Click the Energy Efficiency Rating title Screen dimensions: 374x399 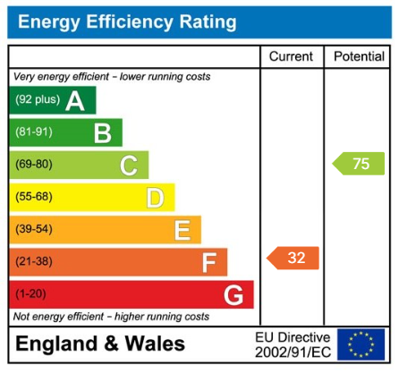pos(126,21)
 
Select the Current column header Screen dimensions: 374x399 pos(291,56)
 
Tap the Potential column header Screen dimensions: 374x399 pos(359,56)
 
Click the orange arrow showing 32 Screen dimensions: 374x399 pos(293,259)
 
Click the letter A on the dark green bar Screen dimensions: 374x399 pos(75,101)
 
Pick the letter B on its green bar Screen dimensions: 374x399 pos(102,133)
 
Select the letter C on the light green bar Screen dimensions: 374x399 pos(129,166)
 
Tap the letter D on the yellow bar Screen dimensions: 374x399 pos(155,198)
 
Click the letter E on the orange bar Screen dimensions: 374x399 pos(182,230)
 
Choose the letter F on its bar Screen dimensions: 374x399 pos(208,262)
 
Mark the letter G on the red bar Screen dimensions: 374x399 pos(233,294)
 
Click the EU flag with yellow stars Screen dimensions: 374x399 pos(361,344)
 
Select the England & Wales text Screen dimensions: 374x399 pos(101,344)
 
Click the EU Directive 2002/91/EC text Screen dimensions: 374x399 pos(292,344)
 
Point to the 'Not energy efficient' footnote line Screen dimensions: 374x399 pos(111,317)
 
